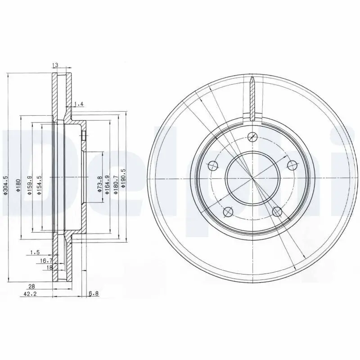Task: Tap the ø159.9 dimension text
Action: point(29,186)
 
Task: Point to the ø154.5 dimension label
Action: point(39,186)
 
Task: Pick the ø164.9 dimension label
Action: point(107,184)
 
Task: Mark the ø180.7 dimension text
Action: point(116,184)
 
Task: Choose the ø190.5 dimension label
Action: point(123,184)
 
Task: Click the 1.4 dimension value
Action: point(79,104)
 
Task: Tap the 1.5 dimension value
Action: point(36,253)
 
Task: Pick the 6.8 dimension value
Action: point(94,294)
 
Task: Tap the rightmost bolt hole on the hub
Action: point(292,164)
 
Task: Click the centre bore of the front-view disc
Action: point(253,179)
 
